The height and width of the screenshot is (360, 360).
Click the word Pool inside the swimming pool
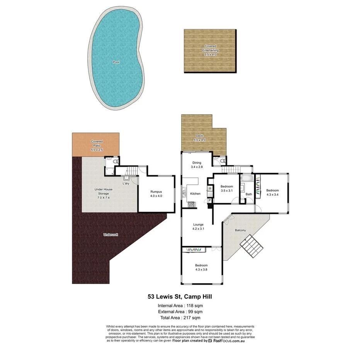tap(116, 62)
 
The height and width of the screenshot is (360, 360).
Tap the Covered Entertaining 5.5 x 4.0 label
tap(210, 50)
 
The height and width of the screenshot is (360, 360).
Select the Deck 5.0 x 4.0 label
tap(199, 138)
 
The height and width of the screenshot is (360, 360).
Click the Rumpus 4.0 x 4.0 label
tap(156, 194)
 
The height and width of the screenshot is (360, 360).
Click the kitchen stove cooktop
tap(191, 205)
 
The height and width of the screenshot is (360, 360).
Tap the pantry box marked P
tap(209, 200)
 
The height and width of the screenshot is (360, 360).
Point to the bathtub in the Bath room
tap(246, 179)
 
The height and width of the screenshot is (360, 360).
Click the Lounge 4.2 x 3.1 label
tap(197, 227)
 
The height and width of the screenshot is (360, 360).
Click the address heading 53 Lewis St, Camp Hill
tap(180, 297)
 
